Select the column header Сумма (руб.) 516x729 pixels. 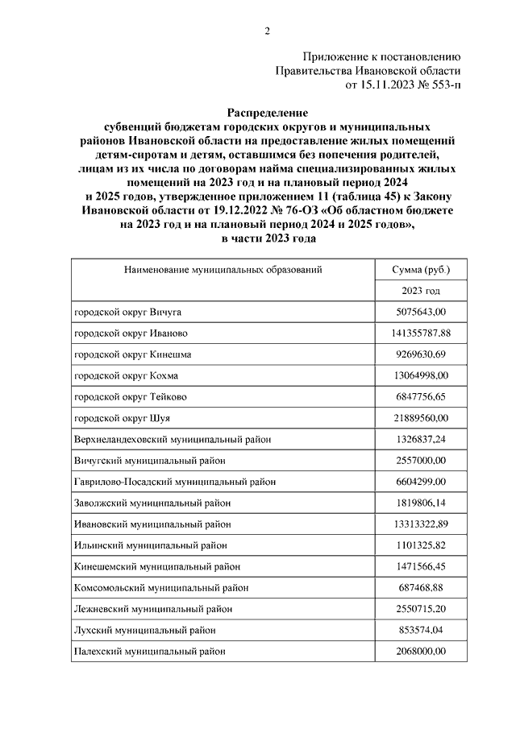(421, 270)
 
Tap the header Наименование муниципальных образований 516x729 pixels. (223, 270)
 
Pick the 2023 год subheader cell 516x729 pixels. (421, 291)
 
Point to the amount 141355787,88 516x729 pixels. (421, 333)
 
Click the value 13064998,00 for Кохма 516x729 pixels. (421, 375)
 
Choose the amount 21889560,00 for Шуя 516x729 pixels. (421, 417)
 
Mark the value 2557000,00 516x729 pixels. (421, 460)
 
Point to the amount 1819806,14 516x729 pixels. (421, 502)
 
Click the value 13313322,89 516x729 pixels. (421, 524)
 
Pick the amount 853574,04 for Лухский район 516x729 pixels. (421, 630)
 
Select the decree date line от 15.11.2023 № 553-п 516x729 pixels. (402, 84)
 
